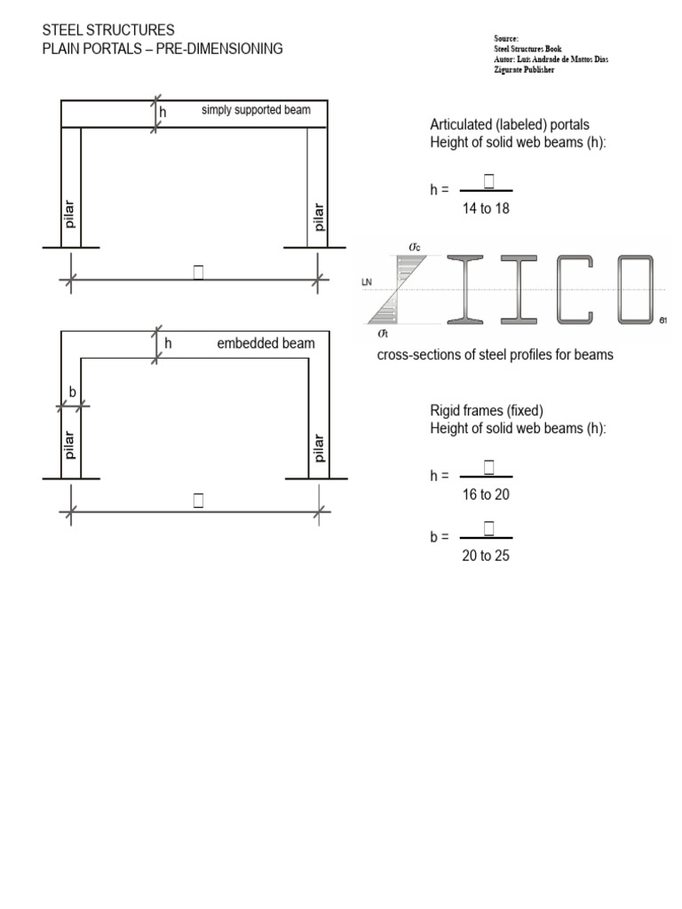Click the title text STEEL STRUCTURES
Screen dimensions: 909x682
pyautogui.click(x=108, y=31)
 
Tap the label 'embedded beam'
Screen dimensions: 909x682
pyautogui.click(x=266, y=344)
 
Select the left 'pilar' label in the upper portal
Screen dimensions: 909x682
pyautogui.click(x=70, y=214)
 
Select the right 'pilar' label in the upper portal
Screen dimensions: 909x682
pyautogui.click(x=319, y=216)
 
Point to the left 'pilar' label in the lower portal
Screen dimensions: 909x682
pyautogui.click(x=70, y=443)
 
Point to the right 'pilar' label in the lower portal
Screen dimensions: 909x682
pyautogui.click(x=319, y=447)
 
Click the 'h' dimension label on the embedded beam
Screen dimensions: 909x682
pyautogui.click(x=168, y=344)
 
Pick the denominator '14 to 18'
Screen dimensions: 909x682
pyautogui.click(x=486, y=209)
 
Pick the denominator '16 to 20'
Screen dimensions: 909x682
pyautogui.click(x=486, y=494)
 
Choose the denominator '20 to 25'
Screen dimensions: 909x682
pyautogui.click(x=486, y=556)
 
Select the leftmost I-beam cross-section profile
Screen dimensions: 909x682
pyautogui.click(x=468, y=289)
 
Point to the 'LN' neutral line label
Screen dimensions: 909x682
pyautogui.click(x=367, y=282)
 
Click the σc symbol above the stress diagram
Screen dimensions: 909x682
pyautogui.click(x=415, y=246)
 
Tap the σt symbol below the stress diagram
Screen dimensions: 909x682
pyautogui.click(x=384, y=333)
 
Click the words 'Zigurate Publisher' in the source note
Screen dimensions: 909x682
pyautogui.click(x=524, y=70)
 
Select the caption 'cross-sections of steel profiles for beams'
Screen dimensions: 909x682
pyautogui.click(x=495, y=355)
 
